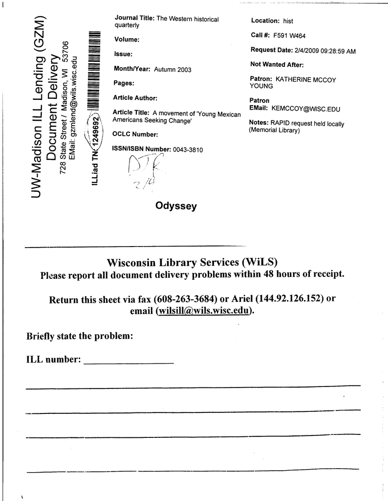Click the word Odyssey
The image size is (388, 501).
176,206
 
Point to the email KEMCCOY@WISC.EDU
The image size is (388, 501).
306,109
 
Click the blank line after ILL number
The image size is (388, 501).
129,362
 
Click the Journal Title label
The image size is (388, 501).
134,18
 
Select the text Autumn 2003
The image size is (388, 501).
172,70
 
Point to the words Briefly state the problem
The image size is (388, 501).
79,337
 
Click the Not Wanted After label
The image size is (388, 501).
277,65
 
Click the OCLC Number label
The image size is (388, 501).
135,134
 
